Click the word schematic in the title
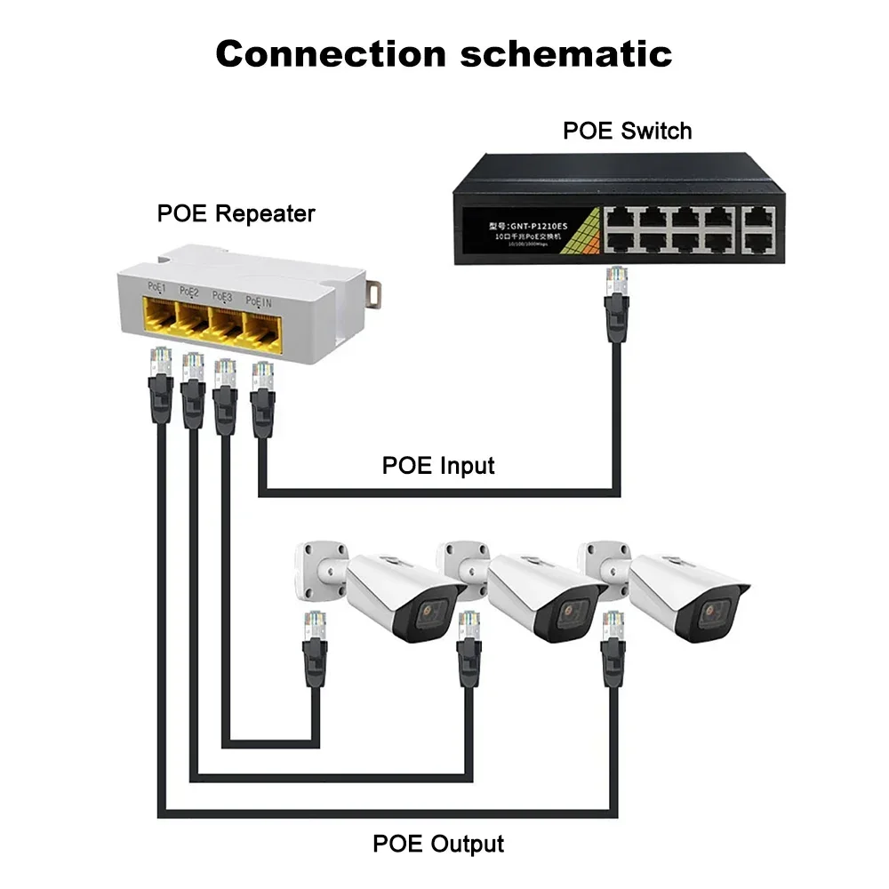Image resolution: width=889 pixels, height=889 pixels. [565, 54]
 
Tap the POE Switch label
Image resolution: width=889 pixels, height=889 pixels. [627, 131]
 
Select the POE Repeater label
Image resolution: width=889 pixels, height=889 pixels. [236, 213]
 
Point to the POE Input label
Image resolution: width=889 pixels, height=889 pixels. [438, 465]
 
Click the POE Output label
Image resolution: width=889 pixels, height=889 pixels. [438, 843]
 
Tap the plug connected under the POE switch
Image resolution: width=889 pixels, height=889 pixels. [617, 293]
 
